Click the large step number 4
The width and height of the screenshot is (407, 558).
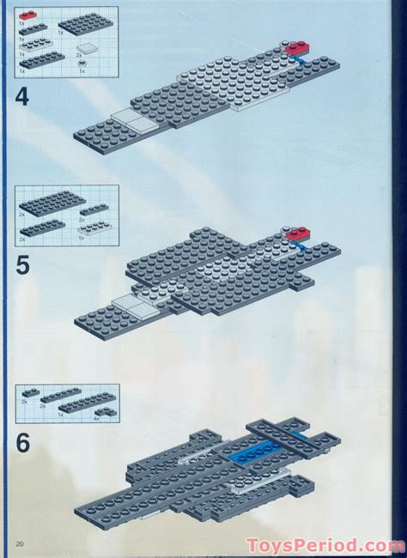(21, 96)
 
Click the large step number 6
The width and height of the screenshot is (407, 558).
(22, 443)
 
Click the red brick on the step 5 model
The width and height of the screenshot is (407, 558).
(297, 233)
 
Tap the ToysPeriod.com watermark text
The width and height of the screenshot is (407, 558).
(325, 545)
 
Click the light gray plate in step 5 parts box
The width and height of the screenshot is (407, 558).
(94, 224)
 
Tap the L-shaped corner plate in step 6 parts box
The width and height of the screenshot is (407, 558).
(107, 412)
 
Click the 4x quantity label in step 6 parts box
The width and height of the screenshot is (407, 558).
(96, 418)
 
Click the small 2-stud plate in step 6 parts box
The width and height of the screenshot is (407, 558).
(30, 393)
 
